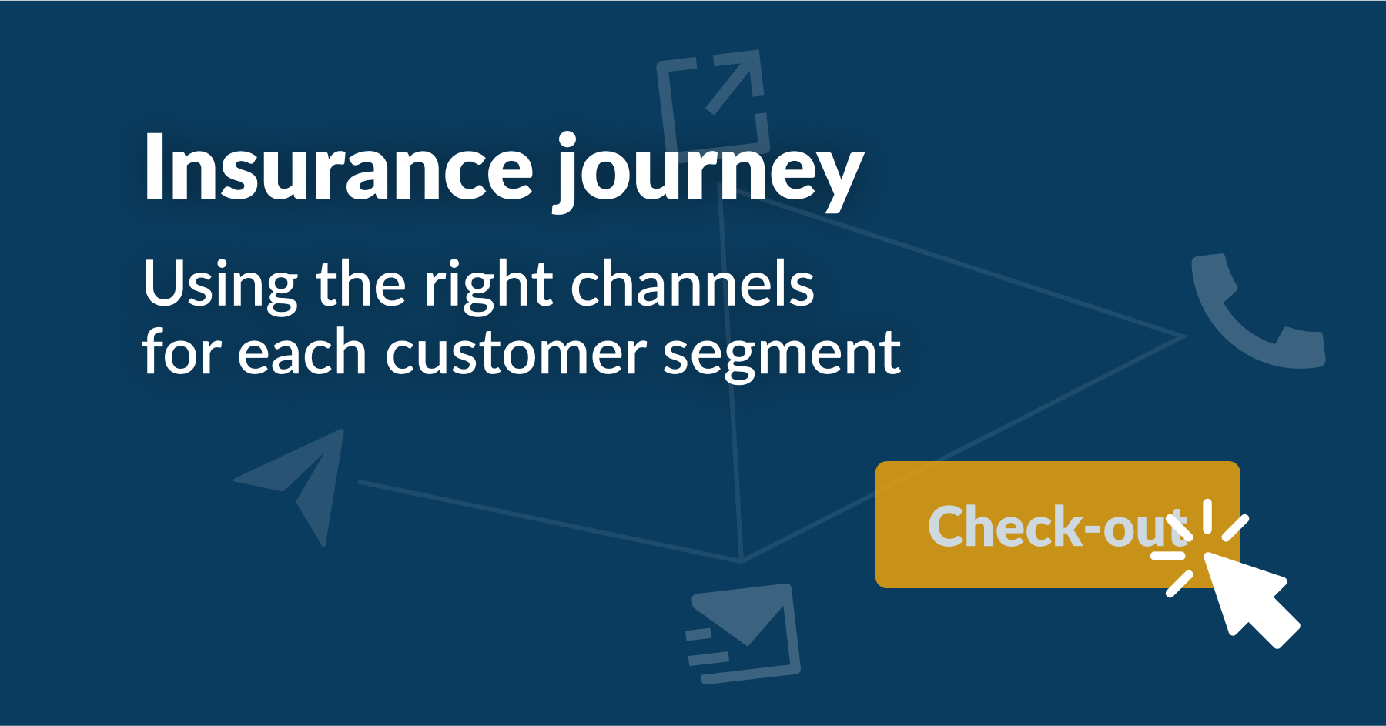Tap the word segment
[x=781, y=354]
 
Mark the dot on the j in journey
[x=567, y=139]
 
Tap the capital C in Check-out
[x=949, y=527]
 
